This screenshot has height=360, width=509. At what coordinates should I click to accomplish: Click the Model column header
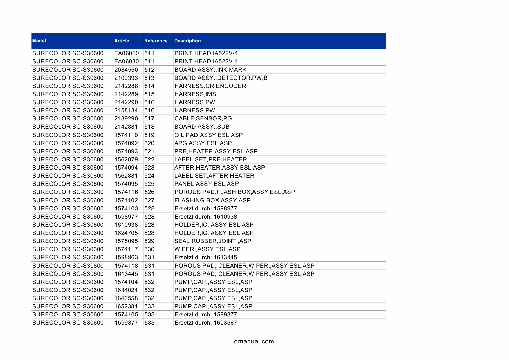[39, 41]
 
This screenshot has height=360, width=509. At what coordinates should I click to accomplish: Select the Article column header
[122, 41]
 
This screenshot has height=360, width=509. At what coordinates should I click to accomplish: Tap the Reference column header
[156, 41]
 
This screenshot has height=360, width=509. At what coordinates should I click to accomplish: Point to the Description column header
[187, 41]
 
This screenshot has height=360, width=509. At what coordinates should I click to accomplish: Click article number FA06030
[127, 62]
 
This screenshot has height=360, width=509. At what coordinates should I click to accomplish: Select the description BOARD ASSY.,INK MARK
[210, 70]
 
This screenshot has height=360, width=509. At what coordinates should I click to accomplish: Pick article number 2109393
[126, 78]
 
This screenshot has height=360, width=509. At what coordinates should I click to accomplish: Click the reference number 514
[149, 86]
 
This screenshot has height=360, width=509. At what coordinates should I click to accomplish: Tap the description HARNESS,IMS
[195, 94]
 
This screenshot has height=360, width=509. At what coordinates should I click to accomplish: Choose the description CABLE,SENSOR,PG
[203, 118]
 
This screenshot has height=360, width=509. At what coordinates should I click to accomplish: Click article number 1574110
[126, 135]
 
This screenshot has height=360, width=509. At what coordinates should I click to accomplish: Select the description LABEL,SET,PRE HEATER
[211, 159]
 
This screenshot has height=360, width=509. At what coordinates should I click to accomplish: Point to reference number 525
[149, 184]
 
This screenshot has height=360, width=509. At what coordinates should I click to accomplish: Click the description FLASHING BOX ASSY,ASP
[212, 200]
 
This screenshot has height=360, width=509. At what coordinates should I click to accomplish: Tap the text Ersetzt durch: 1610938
[206, 217]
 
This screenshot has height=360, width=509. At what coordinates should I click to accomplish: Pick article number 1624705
[126, 233]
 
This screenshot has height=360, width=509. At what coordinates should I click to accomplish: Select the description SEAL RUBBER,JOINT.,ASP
[213, 241]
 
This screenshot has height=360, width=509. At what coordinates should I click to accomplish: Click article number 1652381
[126, 306]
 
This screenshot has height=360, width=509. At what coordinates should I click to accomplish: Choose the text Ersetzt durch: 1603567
[206, 323]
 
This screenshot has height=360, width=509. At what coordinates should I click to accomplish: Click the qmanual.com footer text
[254, 341]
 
